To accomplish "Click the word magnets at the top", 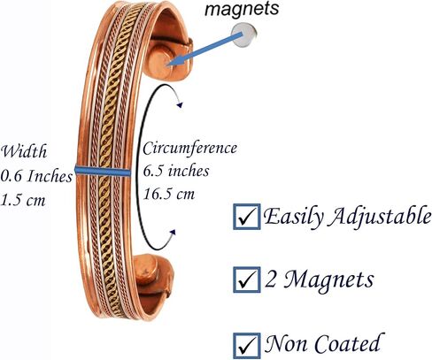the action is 242,10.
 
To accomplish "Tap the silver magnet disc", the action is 244,35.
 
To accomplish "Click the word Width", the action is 24,152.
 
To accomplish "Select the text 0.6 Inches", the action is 36,176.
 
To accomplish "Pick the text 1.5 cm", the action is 23,200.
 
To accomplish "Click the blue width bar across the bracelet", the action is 103,171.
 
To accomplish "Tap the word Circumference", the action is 189,148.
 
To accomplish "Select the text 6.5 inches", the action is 176,171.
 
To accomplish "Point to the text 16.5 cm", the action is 169,194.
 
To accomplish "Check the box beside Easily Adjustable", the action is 247,217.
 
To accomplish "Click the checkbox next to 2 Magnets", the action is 247,280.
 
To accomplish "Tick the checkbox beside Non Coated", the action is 247,346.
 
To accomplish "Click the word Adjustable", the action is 380,218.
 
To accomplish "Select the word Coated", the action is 347,343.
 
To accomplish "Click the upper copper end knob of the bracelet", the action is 161,60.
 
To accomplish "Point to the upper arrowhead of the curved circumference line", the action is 180,104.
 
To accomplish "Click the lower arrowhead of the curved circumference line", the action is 173,233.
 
